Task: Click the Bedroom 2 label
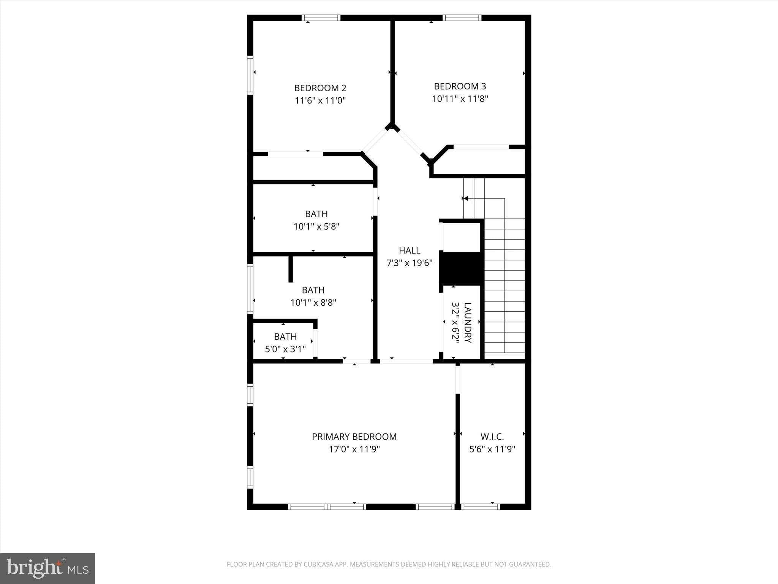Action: point(320,88)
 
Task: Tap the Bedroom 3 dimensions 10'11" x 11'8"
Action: point(460,99)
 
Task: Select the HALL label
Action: point(410,250)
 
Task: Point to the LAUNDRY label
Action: point(468,322)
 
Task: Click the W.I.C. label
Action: point(492,437)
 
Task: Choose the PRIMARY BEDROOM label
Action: point(354,436)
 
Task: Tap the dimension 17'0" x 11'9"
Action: point(354,449)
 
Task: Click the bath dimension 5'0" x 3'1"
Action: point(285,349)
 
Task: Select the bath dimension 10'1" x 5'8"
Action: point(316,227)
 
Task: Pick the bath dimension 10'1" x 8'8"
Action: point(313,303)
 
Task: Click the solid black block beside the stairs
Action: point(461,268)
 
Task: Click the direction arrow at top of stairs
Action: point(465,198)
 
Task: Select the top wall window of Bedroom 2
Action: point(321,18)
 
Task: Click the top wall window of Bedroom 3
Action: point(462,18)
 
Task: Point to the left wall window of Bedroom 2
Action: point(250,75)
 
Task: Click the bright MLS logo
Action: point(47,568)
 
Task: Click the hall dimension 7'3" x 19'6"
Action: point(410,263)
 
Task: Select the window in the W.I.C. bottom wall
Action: point(481,506)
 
